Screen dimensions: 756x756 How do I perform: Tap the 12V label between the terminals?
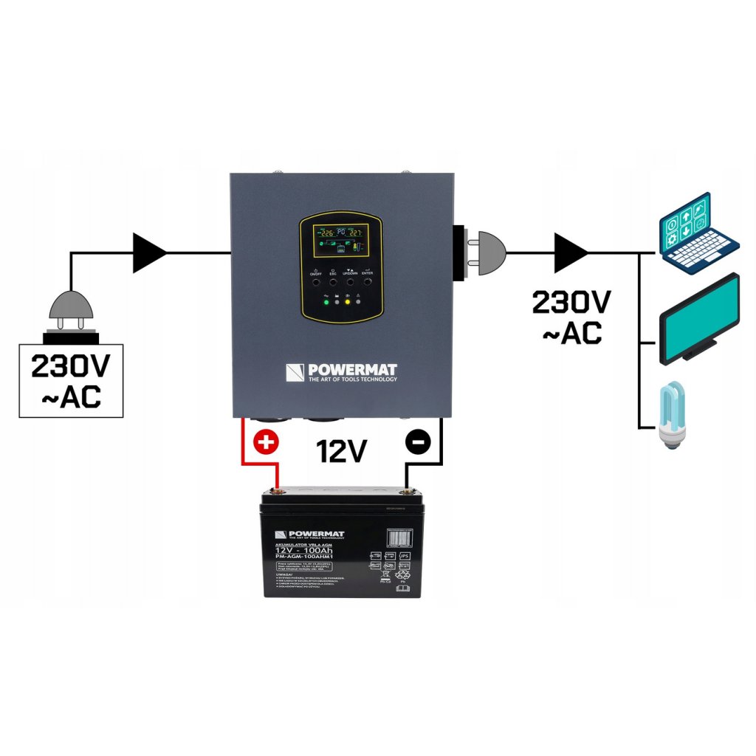(341, 451)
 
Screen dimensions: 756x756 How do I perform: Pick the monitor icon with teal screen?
(698, 318)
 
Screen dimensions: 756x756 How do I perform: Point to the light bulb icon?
(673, 416)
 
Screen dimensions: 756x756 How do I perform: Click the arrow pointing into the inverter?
(149, 252)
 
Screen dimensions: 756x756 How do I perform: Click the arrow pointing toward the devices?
(571, 252)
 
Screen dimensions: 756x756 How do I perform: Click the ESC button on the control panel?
(332, 281)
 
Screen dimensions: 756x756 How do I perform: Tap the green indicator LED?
(324, 303)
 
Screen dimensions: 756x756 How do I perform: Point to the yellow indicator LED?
(346, 303)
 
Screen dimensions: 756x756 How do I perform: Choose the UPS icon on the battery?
(404, 556)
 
